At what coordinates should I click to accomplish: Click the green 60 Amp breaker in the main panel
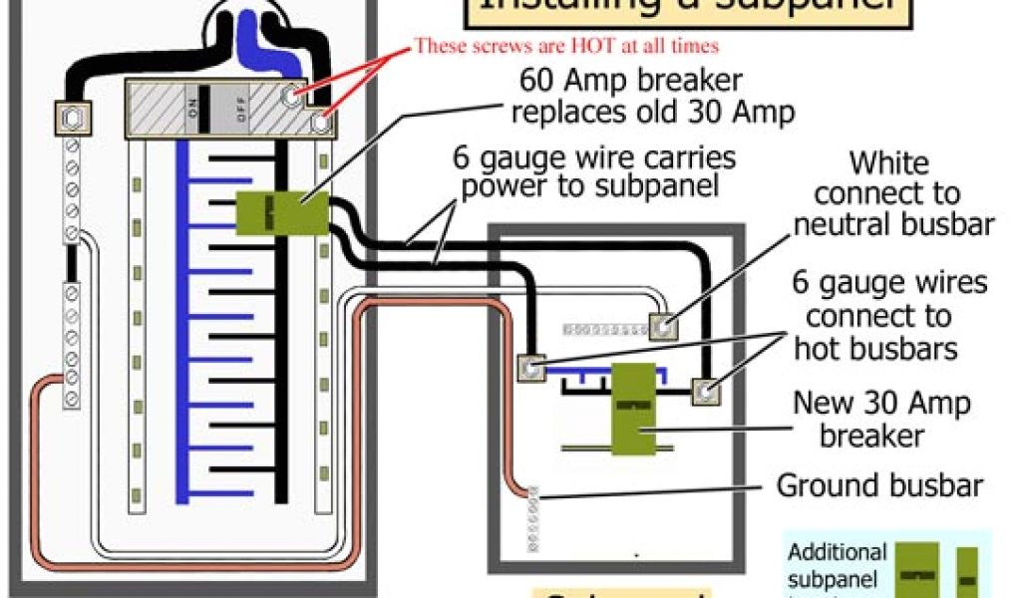coord(282,212)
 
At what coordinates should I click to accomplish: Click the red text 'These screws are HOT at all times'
coord(565,46)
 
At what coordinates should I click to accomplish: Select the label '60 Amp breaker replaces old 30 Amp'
coord(652,95)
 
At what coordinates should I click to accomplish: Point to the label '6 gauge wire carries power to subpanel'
coord(594,171)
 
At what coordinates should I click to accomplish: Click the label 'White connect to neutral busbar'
coord(892,193)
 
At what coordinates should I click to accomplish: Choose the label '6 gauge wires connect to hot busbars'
coord(889,316)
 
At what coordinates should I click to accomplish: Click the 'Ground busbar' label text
coord(879,486)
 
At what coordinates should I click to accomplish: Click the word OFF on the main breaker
coord(239,107)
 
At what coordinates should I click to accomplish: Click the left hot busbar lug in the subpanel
coord(531,369)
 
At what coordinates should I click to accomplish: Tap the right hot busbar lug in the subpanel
coord(707,391)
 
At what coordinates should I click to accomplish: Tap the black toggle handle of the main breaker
coord(204,107)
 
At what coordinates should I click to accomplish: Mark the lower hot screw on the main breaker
coord(320,123)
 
